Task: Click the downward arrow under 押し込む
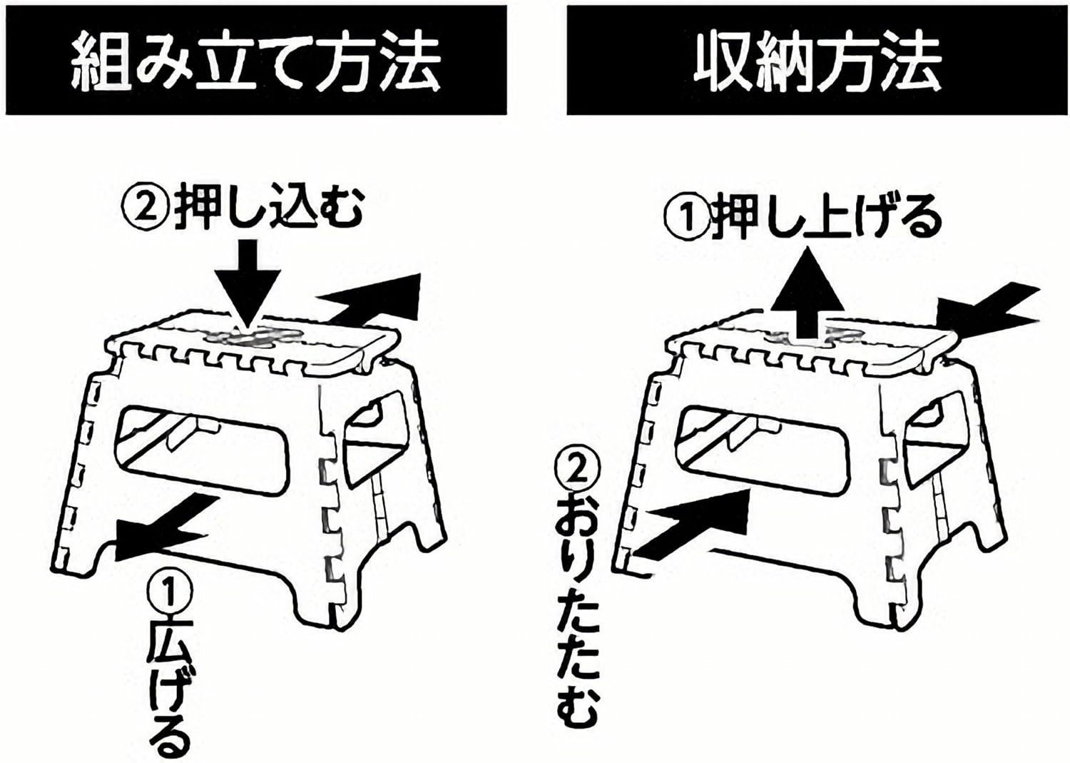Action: point(248,282)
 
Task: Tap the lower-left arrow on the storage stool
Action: point(688,525)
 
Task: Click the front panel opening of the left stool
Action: point(203,446)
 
